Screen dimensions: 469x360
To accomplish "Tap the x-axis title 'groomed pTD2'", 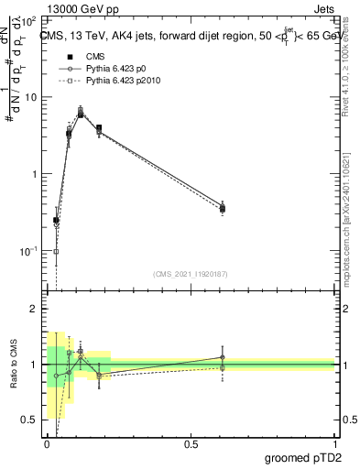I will click(302, 455).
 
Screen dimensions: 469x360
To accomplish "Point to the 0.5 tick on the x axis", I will click(191, 442).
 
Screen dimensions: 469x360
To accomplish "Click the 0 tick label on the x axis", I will click(47, 442).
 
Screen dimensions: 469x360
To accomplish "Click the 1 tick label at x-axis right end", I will click(333, 442).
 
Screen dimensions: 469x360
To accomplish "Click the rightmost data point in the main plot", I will click(223, 208).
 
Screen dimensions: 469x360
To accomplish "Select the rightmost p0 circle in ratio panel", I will click(223, 357).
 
